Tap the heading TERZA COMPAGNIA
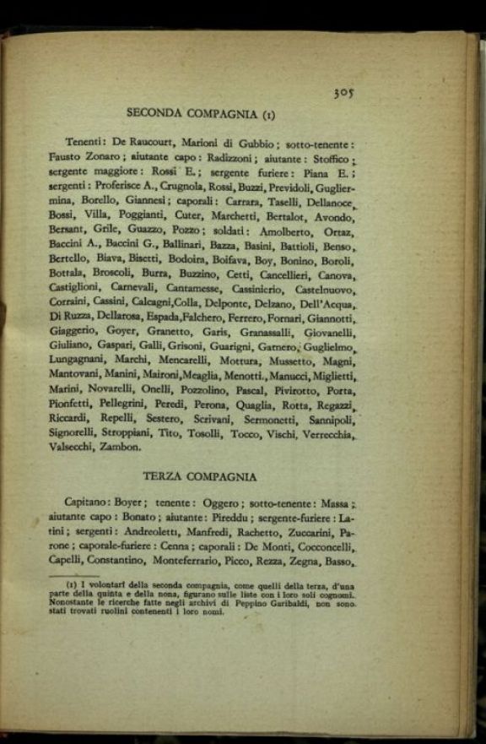pos(199,476)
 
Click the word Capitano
pos(88,503)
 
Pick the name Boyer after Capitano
pos(132,503)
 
